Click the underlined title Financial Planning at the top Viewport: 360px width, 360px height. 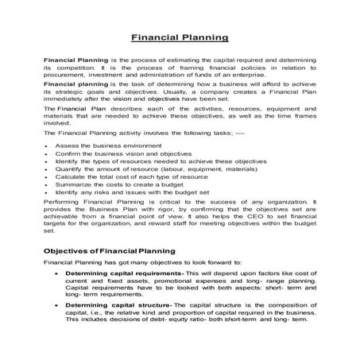click(x=180, y=37)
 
